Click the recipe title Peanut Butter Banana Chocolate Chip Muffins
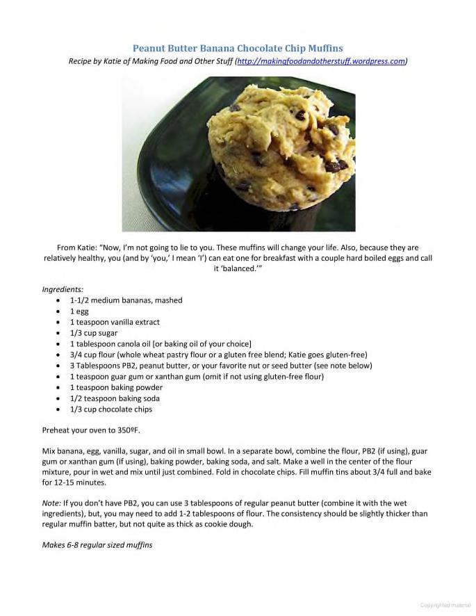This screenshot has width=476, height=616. pyautogui.click(x=238, y=49)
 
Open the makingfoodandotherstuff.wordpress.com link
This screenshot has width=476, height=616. pyautogui.click(x=321, y=61)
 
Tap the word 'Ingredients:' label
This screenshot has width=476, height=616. pyautogui.click(x=63, y=289)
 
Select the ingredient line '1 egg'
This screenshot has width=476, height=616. pyautogui.click(x=79, y=311)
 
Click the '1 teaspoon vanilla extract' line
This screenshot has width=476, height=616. pyautogui.click(x=115, y=322)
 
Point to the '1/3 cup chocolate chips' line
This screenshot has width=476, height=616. pyautogui.click(x=110, y=410)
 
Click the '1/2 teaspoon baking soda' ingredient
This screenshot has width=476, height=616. pyautogui.click(x=115, y=398)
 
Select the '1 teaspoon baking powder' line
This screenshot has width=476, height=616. pyautogui.click(x=116, y=387)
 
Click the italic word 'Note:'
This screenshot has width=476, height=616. pyautogui.click(x=52, y=503)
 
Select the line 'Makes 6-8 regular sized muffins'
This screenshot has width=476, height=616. pyautogui.click(x=97, y=545)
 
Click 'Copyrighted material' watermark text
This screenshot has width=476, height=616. pyautogui.click(x=445, y=605)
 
